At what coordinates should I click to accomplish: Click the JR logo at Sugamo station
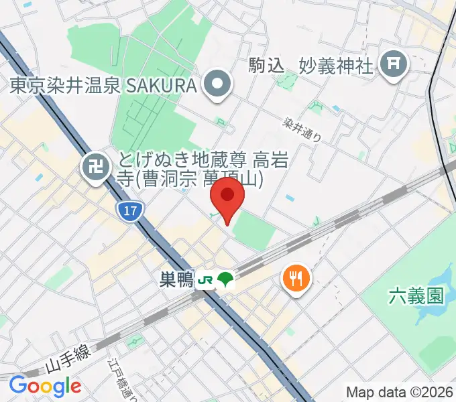pyautogui.click(x=205, y=279)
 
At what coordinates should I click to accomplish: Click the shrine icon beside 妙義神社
pyautogui.click(x=393, y=64)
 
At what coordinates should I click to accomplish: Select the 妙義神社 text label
pyautogui.click(x=335, y=65)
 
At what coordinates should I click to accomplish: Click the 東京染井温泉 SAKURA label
pyautogui.click(x=104, y=86)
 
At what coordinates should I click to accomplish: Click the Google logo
pyautogui.click(x=45, y=386)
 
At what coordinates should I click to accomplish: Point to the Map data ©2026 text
pyautogui.click(x=399, y=391)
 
